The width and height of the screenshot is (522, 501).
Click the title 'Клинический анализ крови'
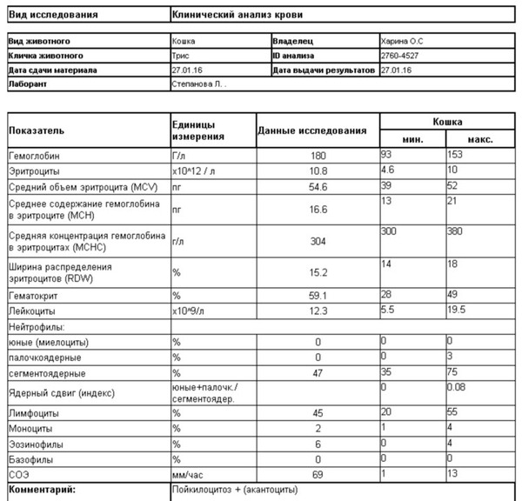pyautogui.click(x=238, y=15)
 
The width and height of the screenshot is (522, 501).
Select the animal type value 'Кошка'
pyautogui.click(x=184, y=41)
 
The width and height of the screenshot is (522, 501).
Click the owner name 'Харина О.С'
pyautogui.click(x=402, y=41)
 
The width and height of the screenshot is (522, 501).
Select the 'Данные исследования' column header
pyautogui.click(x=312, y=130)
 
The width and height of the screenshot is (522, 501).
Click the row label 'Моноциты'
pyautogui.click(x=30, y=429)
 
